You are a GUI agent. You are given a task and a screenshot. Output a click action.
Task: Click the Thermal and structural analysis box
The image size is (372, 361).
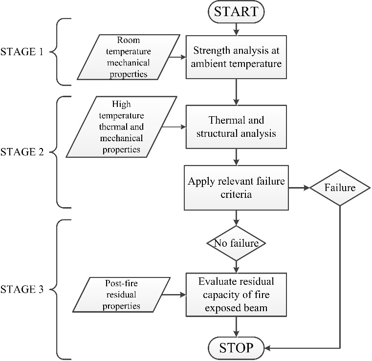pos(237,126)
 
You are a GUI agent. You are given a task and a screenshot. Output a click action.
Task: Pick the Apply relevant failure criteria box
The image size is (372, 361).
pos(237,187)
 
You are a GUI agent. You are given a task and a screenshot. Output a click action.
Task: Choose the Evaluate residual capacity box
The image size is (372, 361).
pos(237,295)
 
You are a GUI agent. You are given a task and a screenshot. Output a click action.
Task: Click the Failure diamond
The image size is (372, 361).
pos(340,188)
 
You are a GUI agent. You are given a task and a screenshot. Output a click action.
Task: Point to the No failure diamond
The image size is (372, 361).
pos(237,242)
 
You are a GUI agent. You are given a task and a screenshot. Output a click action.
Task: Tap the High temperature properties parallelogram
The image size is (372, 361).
pos(121,127)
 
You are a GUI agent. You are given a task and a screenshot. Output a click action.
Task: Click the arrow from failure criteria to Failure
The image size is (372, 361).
pos(299,188)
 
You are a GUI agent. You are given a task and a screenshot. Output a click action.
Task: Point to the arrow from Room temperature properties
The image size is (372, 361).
pos(176,57)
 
